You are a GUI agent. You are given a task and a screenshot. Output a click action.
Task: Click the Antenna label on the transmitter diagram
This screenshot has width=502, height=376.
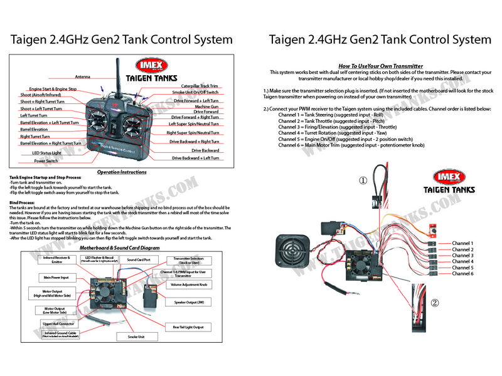(82, 76)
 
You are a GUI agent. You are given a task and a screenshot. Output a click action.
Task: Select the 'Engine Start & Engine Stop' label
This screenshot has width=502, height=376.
(53, 90)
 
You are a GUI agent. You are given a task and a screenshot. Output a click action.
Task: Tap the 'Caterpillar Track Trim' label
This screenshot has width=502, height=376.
(200, 85)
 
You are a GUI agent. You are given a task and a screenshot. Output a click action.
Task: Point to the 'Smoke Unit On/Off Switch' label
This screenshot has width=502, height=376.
(195, 93)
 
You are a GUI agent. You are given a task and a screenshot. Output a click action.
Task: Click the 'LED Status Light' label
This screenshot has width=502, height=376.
(47, 153)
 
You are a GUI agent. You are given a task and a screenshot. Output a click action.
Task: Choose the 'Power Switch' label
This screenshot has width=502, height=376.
(46, 160)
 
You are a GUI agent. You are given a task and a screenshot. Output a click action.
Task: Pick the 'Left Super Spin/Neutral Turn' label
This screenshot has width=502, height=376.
(193, 124)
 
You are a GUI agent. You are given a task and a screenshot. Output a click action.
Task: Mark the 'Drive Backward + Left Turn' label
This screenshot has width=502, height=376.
(196, 159)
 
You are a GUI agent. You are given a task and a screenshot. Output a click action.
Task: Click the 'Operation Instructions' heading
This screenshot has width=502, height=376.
(122, 172)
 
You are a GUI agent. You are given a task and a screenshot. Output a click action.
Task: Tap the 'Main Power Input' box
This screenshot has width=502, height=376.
(56, 276)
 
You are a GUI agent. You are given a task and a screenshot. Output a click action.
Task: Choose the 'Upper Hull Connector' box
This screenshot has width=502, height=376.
(58, 323)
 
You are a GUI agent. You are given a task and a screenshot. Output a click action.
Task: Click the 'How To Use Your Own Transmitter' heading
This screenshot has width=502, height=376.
(380, 66)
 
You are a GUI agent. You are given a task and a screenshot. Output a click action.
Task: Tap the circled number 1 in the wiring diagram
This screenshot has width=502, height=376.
(362, 181)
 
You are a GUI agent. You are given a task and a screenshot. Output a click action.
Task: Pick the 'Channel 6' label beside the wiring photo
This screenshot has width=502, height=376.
(462, 274)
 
